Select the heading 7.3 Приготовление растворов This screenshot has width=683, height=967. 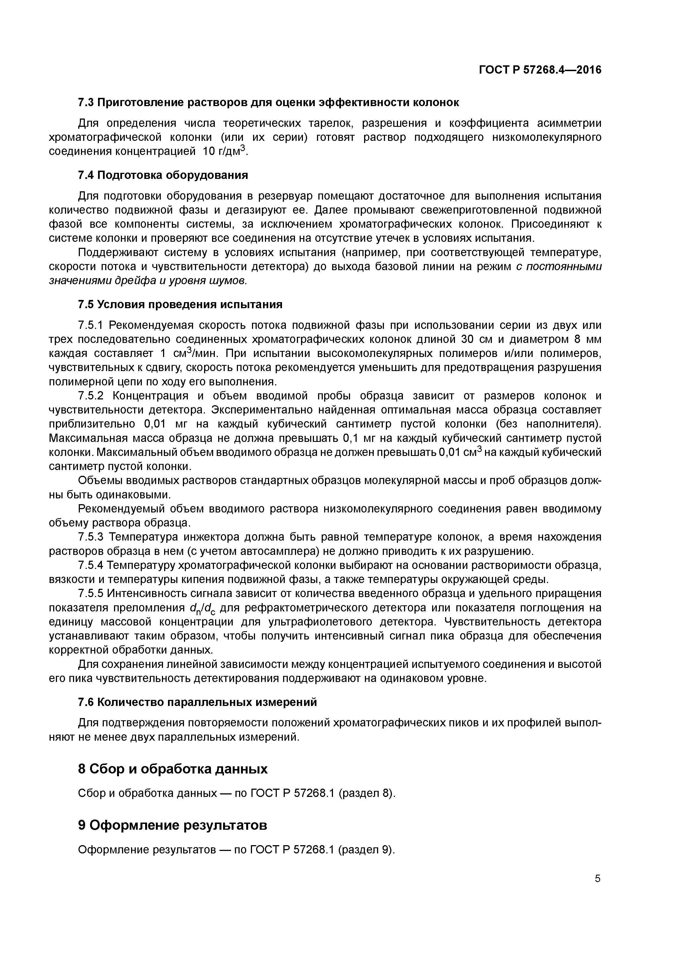click(x=268, y=102)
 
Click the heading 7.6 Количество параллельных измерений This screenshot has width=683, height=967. click(x=197, y=702)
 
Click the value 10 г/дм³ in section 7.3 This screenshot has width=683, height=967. click(x=224, y=151)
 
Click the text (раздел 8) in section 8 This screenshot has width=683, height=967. click(x=367, y=794)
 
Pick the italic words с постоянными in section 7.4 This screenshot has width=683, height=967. click(x=559, y=267)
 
